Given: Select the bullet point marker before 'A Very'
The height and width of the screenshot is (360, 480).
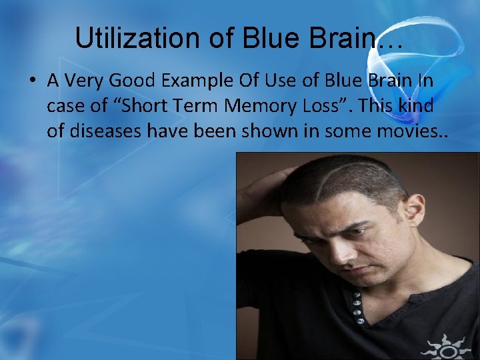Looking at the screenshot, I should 33,81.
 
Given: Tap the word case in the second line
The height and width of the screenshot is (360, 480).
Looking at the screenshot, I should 65,105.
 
